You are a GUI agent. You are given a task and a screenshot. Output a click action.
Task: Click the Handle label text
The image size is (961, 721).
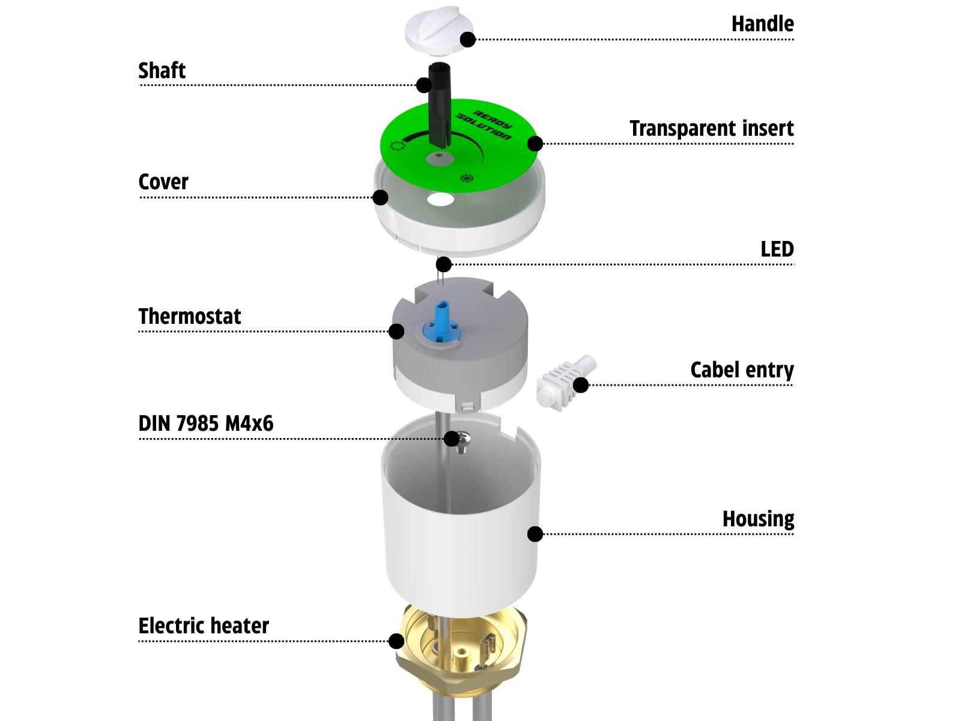[762, 24]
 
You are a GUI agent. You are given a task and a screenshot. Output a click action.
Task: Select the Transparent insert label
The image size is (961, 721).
[711, 129]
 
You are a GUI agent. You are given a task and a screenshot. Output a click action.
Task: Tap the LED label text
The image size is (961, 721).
[777, 249]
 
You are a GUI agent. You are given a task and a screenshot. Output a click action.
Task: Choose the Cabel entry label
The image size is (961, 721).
[742, 370]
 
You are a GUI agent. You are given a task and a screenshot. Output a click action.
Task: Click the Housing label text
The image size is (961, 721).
[758, 519]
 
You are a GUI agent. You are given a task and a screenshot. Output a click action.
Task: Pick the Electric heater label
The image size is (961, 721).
[204, 626]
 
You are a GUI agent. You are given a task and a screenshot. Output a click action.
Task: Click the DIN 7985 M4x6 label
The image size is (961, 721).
[205, 424]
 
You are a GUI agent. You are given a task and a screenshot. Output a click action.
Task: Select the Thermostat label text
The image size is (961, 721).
[189, 317]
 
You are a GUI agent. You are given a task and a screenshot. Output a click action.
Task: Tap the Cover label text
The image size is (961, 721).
[163, 182]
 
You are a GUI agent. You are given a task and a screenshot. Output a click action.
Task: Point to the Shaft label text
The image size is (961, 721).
[162, 71]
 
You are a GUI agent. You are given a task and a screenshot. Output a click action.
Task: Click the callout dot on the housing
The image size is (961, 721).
[535, 534]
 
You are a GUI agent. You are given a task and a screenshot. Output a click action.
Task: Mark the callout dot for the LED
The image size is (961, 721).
[444, 264]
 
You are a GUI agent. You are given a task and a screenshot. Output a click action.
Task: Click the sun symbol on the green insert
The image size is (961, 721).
[396, 146]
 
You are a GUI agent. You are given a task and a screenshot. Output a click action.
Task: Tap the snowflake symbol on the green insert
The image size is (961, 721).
[466, 178]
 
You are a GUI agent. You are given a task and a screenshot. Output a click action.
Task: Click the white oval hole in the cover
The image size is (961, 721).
[440, 199]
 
